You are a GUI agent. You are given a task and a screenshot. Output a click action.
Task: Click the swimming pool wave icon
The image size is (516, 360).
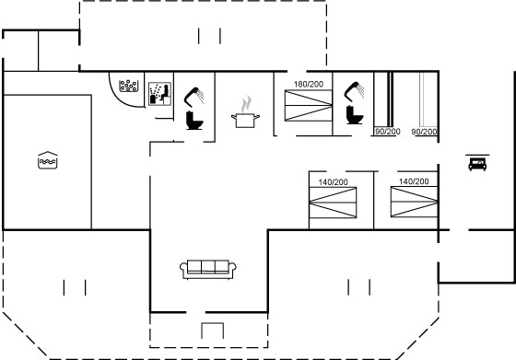48,160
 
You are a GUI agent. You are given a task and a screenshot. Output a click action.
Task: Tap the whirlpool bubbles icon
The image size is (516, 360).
128,86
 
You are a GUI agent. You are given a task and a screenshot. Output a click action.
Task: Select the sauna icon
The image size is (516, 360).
160,94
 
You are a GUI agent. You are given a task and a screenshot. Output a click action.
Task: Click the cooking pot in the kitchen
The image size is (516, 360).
245,120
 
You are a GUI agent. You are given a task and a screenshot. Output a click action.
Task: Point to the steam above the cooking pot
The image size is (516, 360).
246,104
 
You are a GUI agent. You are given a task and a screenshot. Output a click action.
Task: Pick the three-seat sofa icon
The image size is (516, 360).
208,269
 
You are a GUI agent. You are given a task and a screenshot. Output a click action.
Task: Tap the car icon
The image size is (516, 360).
477,164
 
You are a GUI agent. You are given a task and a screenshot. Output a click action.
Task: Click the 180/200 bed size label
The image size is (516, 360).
309,84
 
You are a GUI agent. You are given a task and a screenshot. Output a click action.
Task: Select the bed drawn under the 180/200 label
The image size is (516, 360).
309,106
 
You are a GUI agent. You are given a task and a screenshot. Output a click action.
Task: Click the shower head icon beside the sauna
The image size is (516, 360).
194,97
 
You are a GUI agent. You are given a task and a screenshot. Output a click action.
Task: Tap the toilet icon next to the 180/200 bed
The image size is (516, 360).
355,115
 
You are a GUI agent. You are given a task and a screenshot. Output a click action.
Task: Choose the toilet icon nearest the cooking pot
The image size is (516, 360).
194,121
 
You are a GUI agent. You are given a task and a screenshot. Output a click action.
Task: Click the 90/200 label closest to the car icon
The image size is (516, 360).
424,132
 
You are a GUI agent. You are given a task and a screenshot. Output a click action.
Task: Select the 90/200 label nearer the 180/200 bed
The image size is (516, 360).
388,132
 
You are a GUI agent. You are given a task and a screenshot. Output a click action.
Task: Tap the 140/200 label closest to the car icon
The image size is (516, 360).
414,181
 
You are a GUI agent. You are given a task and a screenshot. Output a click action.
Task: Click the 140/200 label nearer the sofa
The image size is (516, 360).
333,182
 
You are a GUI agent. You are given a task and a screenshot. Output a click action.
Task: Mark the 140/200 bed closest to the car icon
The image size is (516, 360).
414,202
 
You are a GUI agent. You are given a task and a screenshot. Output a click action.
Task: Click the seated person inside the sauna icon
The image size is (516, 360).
165,93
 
